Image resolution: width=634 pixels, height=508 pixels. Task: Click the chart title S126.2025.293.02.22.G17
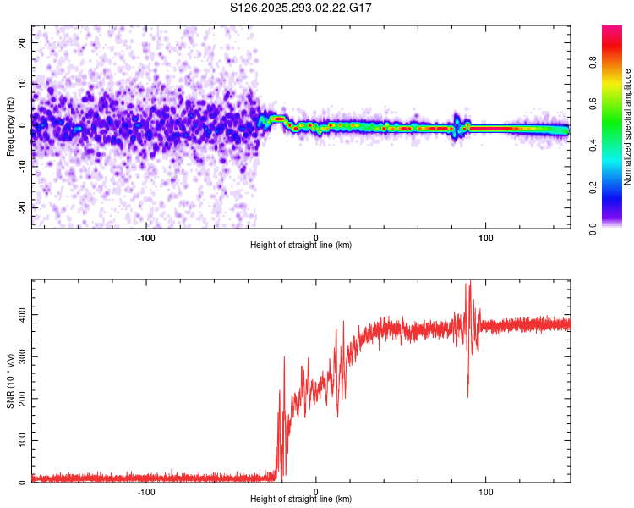(x=302, y=8)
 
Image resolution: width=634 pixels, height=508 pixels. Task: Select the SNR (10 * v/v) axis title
(x=10, y=381)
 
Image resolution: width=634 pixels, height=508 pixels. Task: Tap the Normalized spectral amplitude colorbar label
(x=627, y=127)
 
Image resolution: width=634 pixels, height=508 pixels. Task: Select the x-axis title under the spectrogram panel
(x=301, y=245)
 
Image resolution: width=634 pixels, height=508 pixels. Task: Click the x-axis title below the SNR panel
(x=301, y=500)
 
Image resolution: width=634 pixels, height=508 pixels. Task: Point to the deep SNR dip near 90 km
(x=467, y=395)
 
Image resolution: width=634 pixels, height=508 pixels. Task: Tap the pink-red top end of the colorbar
(x=612, y=30)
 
